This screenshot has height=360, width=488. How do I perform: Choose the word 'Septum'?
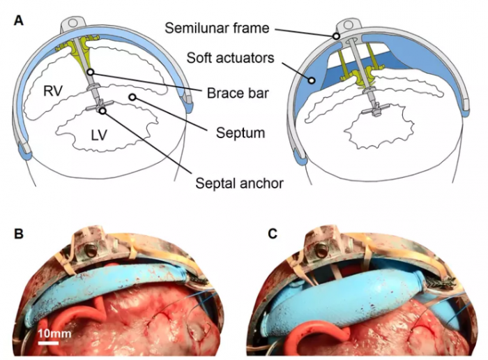click(241, 133)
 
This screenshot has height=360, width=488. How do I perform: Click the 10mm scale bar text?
click(54, 334)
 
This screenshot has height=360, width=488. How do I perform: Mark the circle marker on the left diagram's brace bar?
click(91, 73)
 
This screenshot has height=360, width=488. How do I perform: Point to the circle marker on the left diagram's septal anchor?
click(102, 110)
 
